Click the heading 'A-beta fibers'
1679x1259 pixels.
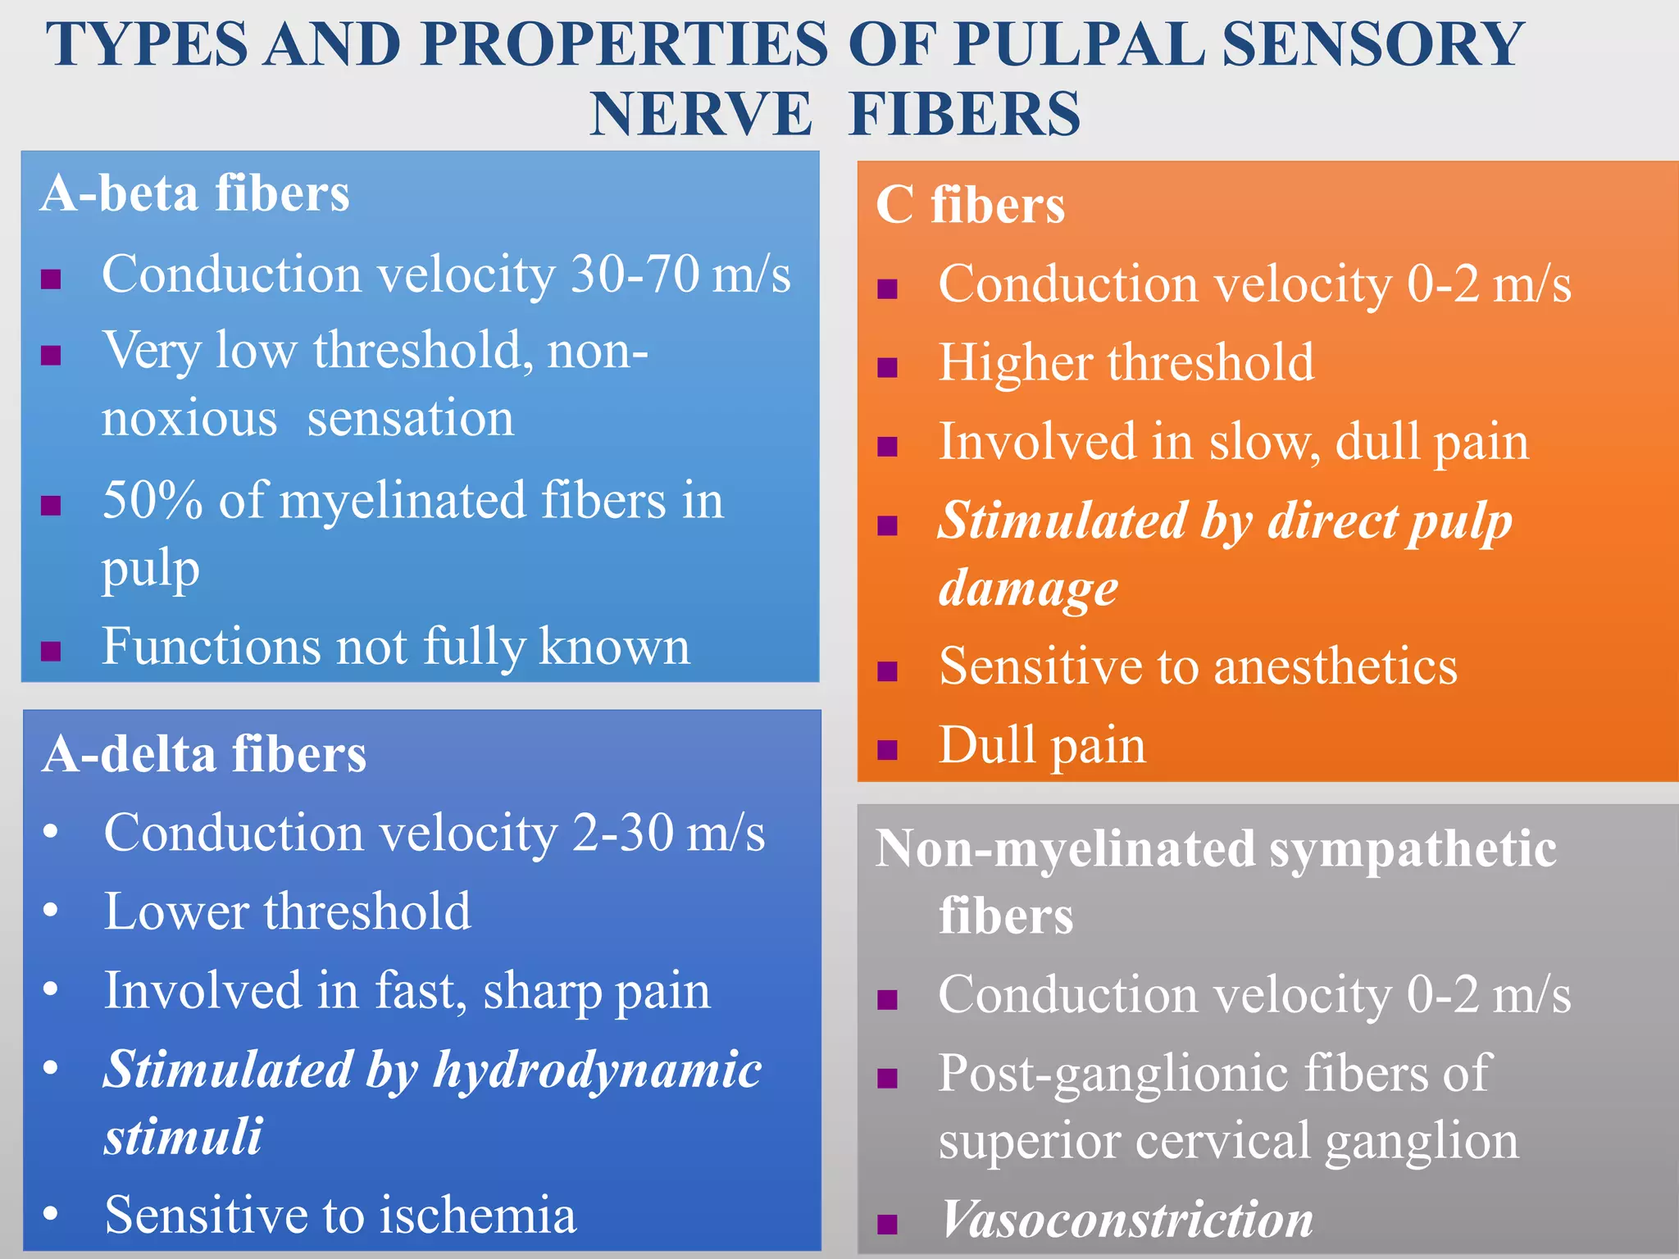pyautogui.click(x=195, y=193)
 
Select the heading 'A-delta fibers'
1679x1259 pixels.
pyautogui.click(x=204, y=753)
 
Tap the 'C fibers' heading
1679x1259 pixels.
pyautogui.click(x=970, y=204)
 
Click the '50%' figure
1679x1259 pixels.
pyautogui.click(x=152, y=500)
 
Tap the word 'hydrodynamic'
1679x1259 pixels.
pyautogui.click(x=598, y=1070)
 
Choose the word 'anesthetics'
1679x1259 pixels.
pyautogui.click(x=1335, y=666)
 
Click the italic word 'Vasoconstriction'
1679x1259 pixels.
pyautogui.click(x=1126, y=1219)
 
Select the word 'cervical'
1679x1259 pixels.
pyautogui.click(x=1229, y=1140)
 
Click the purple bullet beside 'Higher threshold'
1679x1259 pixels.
pyautogui.click(x=887, y=366)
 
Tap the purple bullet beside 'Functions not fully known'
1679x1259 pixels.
pyautogui.click(x=51, y=650)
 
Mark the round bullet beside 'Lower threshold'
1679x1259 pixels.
pyautogui.click(x=51, y=911)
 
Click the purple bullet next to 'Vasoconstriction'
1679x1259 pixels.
pyautogui.click(x=887, y=1224)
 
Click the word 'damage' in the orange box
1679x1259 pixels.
pyautogui.click(x=1028, y=588)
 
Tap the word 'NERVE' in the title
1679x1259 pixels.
pyautogui.click(x=701, y=114)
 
